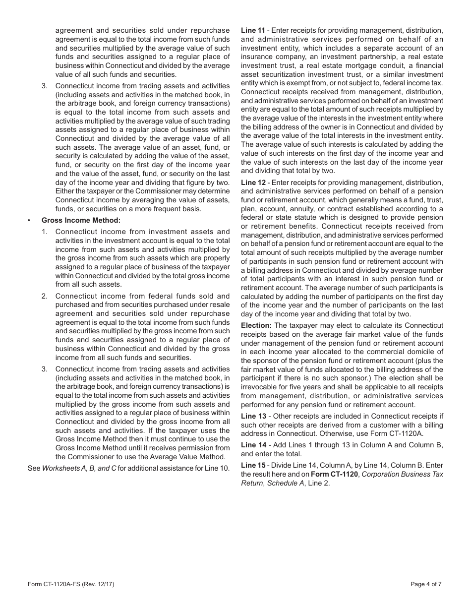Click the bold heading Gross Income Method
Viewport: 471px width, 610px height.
pyautogui.click(x=81, y=220)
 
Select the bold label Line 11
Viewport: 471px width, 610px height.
pyautogui.click(x=253, y=30)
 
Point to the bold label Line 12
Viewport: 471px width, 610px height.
pyautogui.click(x=253, y=183)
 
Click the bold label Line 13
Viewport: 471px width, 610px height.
pyautogui.click(x=253, y=416)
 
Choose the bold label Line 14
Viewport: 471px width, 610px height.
pyautogui.click(x=253, y=445)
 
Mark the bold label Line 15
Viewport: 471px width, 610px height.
pyautogui.click(x=253, y=465)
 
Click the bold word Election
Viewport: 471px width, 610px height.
pyautogui.click(x=256, y=325)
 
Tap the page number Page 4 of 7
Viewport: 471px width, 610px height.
pyautogui.click(x=426, y=584)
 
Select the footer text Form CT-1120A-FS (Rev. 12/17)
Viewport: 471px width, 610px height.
pyautogui.click(x=71, y=584)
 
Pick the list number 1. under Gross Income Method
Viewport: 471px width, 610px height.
pyautogui.click(x=45, y=232)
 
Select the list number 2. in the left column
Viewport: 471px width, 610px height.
pyautogui.click(x=45, y=296)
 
